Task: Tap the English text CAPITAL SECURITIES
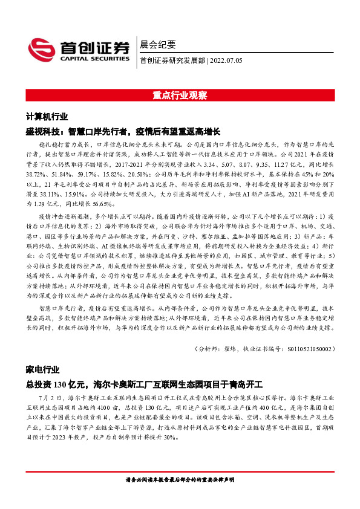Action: (92, 60)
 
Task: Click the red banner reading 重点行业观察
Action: (180, 96)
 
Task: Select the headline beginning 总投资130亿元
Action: (145, 383)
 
